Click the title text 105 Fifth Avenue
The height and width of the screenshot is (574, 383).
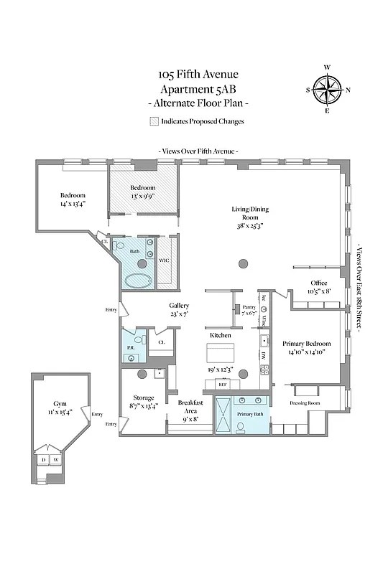coord(198,74)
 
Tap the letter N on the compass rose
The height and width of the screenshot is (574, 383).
coord(349,90)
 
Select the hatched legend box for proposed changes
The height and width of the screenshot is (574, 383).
coord(154,121)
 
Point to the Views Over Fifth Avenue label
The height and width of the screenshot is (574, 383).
coord(198,151)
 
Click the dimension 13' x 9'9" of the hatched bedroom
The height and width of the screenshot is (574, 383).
coord(143,196)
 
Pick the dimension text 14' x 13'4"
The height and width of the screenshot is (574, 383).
coord(73,204)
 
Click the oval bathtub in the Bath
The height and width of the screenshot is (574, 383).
coord(138,280)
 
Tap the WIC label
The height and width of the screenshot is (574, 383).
coord(164,260)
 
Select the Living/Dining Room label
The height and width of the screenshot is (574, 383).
coord(244,212)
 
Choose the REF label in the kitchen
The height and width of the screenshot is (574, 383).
coord(223,385)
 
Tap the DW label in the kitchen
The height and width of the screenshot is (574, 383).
coord(264,355)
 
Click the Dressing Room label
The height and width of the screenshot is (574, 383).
coord(304,403)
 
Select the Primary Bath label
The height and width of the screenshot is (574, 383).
coord(250,414)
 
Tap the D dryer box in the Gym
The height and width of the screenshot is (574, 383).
coord(44,460)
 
